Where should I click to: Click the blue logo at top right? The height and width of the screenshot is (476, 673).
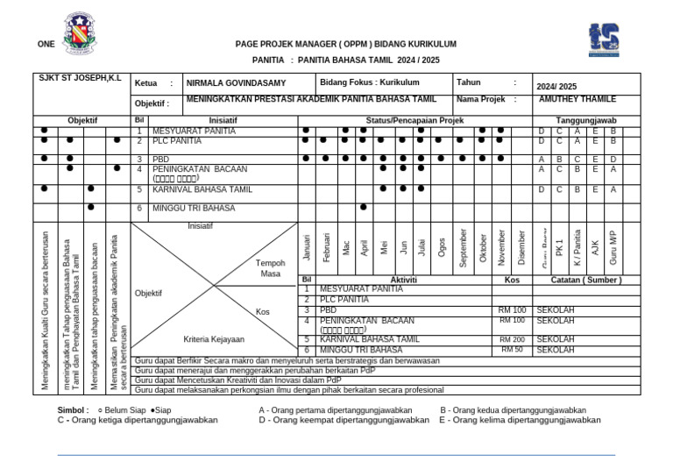pyautogui.click(x=603, y=39)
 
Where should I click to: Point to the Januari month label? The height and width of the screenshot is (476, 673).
pyautogui.click(x=307, y=247)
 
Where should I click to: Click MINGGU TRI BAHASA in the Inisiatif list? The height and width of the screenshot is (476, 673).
pyautogui.click(x=194, y=209)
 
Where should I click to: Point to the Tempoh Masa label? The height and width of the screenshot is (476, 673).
pyautogui.click(x=270, y=268)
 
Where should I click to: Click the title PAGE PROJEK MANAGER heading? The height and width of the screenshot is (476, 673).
pyautogui.click(x=345, y=44)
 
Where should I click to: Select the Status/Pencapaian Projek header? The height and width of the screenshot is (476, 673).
pyautogui.click(x=414, y=120)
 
